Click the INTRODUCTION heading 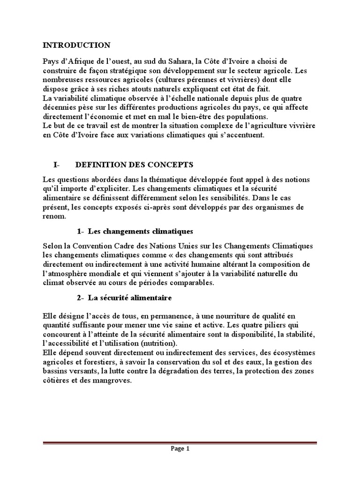pos(76,45)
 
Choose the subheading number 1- pos(80,232)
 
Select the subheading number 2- pos(80,298)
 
